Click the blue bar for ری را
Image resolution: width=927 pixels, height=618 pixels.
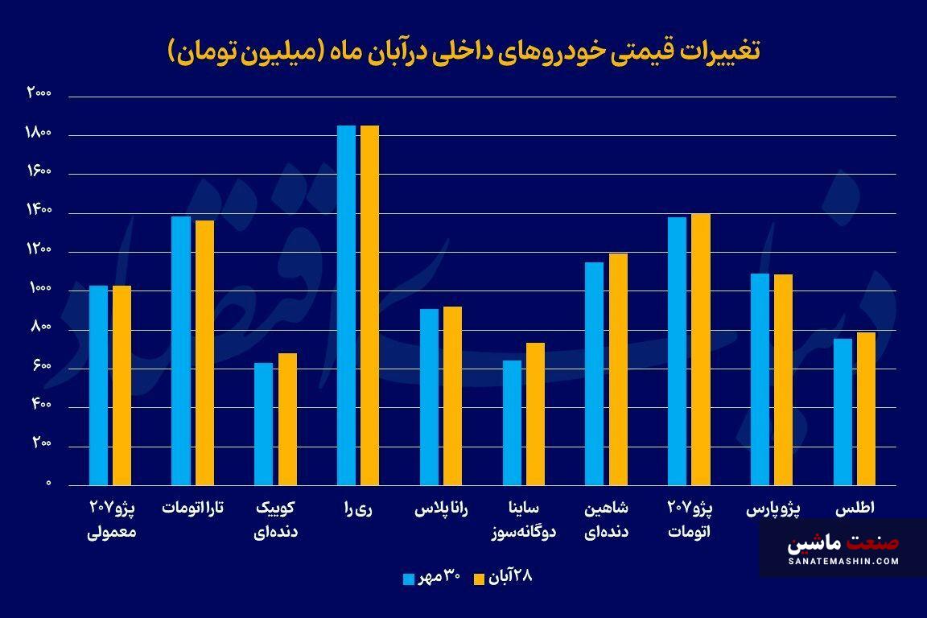click(346, 306)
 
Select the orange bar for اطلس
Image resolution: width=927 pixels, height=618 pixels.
click(866, 409)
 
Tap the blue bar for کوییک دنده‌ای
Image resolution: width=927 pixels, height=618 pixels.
click(264, 424)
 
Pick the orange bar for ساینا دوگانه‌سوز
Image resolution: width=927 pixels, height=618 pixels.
click(535, 414)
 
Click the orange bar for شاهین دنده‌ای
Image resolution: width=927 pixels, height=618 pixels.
click(618, 369)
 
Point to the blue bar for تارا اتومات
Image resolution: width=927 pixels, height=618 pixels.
click(181, 351)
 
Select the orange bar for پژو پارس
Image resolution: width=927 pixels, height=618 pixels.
click(783, 380)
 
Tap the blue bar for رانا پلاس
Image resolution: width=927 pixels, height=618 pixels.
click(429, 398)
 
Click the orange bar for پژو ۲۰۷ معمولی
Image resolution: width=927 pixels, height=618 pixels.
click(122, 385)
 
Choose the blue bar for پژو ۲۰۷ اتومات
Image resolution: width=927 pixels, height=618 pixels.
click(677, 352)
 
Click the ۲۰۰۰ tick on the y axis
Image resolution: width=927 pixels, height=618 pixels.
click(39, 94)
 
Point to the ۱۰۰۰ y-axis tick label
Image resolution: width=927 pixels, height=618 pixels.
click(39, 289)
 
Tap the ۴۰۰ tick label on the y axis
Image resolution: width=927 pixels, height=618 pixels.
click(42, 406)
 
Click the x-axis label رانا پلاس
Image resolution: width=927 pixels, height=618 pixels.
click(441, 509)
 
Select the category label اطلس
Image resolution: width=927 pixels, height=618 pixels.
click(855, 509)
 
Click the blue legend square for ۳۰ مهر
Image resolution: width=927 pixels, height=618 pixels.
click(409, 579)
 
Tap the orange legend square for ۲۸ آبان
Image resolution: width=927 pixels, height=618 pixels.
click(479, 579)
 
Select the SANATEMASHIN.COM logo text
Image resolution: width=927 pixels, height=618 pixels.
click(843, 561)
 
